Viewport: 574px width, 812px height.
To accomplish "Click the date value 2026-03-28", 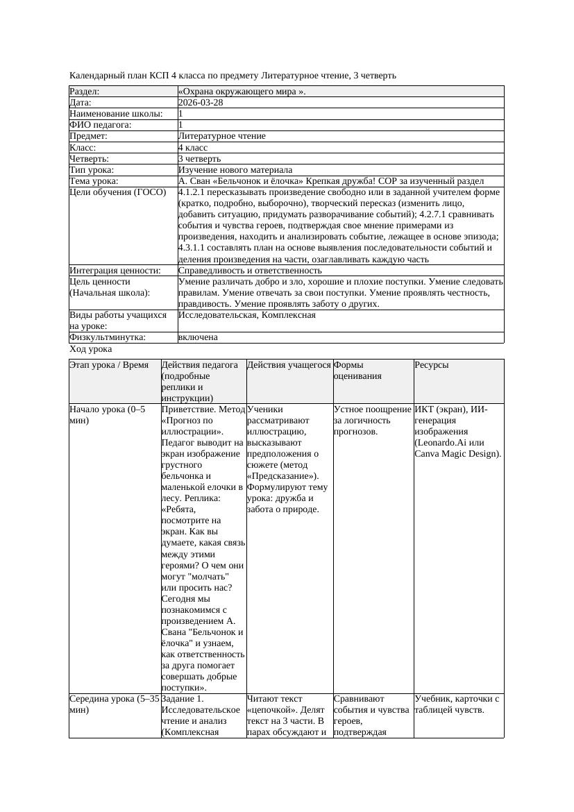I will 201,103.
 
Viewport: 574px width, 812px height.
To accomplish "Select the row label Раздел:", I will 85,92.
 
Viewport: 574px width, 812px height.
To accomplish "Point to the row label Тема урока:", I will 94,181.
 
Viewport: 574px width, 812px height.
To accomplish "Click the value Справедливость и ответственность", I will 250,271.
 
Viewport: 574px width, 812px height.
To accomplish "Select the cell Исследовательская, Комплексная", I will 246,315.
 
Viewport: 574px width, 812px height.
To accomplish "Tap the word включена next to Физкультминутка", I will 198,337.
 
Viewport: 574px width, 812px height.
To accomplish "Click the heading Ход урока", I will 91,349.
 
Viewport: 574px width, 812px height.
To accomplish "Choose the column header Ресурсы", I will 432,365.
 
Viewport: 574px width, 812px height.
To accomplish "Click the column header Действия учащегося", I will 289,365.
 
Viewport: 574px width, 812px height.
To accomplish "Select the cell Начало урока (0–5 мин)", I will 108,415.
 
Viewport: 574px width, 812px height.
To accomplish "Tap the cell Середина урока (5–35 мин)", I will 115,704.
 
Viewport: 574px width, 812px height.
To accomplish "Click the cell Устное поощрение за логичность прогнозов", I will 372,421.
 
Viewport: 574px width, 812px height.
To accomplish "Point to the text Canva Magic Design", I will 458,454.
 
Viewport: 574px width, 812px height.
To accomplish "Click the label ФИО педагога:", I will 101,125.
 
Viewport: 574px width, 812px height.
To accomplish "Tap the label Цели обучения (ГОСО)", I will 118,192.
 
